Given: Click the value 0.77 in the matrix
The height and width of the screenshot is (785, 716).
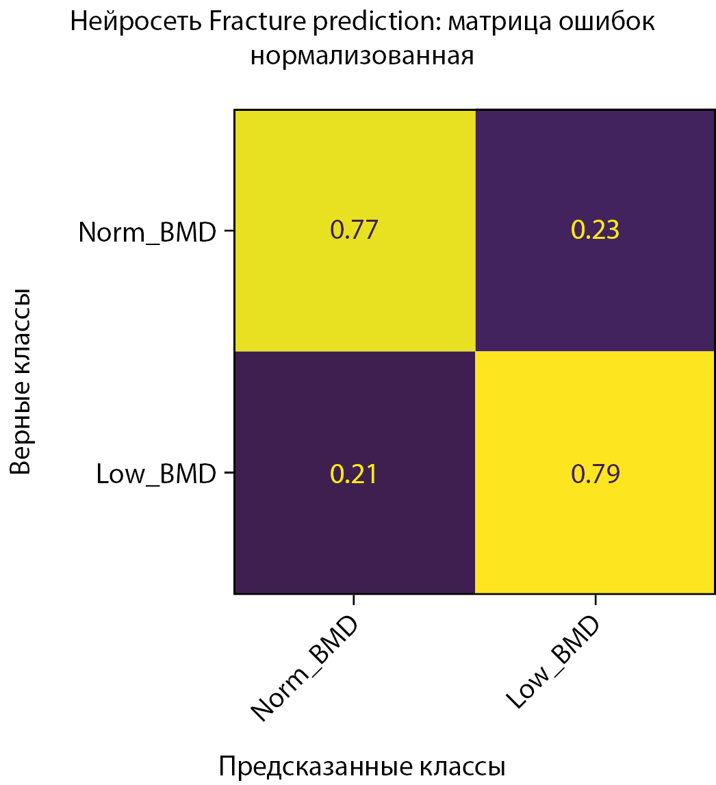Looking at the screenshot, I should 354,230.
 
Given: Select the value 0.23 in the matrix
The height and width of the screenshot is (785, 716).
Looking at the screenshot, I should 595,230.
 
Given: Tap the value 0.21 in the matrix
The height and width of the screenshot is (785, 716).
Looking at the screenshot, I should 354,474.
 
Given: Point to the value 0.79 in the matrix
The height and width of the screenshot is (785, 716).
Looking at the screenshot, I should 595,474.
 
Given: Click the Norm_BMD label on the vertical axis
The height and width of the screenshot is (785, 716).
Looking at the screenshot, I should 147,232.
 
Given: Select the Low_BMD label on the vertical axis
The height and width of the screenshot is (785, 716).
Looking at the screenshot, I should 157,474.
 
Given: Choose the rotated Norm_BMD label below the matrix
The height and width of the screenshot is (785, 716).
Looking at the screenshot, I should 306,669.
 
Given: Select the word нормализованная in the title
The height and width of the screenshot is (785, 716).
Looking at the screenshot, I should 362,55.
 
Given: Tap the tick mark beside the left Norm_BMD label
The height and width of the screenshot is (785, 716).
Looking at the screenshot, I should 229,231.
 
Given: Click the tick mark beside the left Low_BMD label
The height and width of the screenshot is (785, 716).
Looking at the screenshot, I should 229,473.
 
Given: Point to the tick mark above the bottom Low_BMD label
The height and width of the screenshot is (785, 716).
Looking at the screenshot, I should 596,600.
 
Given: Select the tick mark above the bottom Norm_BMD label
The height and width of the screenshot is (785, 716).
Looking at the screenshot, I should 354,600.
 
